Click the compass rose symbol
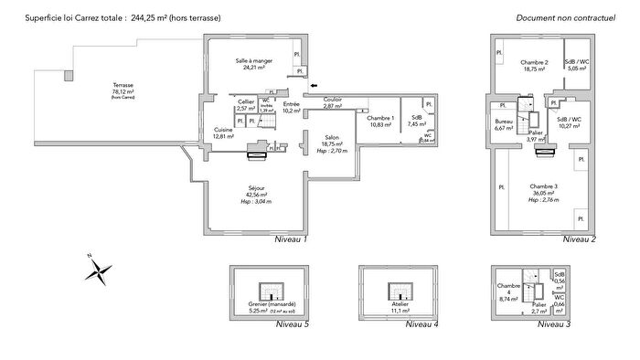tap(99, 270)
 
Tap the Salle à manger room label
tap(249, 63)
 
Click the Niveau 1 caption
tap(291, 239)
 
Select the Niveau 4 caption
tap(421, 324)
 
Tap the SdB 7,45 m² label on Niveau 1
tap(417, 122)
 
